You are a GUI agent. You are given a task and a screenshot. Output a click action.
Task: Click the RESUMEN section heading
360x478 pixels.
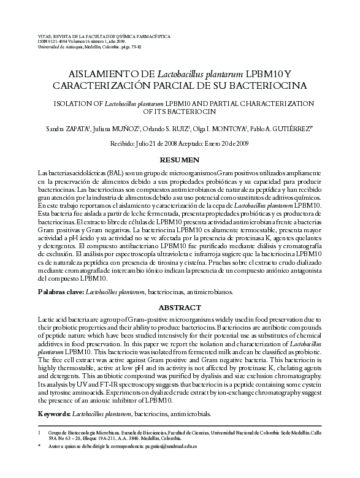point(179,160)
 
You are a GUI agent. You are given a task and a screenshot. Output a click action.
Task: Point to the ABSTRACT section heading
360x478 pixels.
point(179,307)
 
